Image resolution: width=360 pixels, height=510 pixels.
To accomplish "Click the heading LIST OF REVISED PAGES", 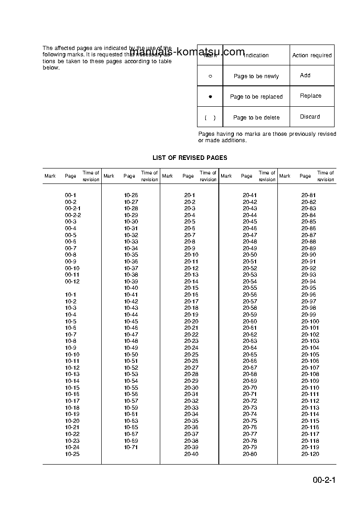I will [190, 158].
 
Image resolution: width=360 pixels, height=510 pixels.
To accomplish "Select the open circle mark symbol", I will [210, 76].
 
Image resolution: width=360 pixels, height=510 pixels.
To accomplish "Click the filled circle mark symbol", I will [210, 97].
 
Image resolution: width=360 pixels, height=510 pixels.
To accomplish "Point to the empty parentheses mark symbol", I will [210, 118].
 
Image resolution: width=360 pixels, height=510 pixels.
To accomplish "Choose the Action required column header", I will [312, 55].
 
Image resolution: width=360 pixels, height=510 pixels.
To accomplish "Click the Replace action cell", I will [311, 96].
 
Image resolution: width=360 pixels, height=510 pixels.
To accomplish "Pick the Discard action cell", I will [310, 117].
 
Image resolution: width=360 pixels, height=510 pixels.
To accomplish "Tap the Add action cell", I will [305, 75].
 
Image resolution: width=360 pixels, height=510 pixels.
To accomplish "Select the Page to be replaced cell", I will [256, 97].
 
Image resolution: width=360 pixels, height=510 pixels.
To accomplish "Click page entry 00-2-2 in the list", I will [73, 215].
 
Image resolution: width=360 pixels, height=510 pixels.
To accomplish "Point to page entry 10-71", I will [131, 447].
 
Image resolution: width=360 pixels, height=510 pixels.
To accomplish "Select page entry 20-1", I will [190, 195].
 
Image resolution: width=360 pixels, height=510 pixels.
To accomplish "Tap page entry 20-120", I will [310, 454].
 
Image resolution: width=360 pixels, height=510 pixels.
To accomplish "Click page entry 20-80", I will [250, 454].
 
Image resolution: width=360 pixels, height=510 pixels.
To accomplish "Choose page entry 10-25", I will [72, 454].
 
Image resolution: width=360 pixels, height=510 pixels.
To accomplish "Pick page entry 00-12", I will [72, 282].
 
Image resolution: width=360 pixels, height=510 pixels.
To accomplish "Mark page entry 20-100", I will [310, 322].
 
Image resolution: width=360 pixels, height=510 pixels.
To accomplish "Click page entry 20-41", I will [250, 195].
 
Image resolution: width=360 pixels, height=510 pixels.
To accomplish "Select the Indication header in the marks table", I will [256, 55].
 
